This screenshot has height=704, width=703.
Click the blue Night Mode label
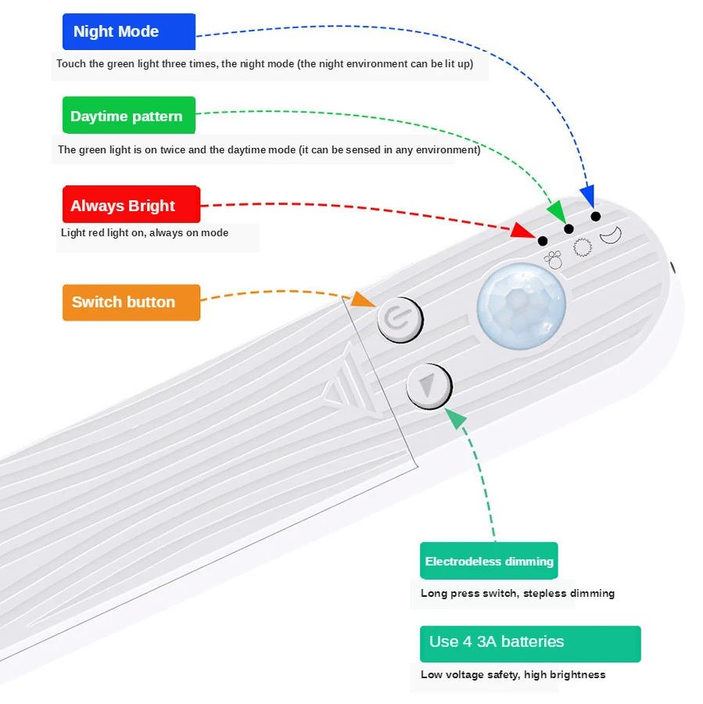(x=129, y=32)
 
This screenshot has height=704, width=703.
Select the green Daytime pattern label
(x=129, y=116)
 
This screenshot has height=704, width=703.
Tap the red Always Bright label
(x=131, y=205)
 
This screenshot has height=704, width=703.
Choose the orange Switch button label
(x=131, y=302)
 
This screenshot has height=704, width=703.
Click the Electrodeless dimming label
(x=489, y=561)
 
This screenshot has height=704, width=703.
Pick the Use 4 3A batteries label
(x=529, y=643)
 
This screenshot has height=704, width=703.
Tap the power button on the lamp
(x=400, y=320)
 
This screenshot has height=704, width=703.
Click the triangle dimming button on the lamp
(x=429, y=386)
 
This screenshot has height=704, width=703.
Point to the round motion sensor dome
(x=522, y=304)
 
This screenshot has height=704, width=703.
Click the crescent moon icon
(x=610, y=234)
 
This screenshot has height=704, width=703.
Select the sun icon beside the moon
(x=581, y=247)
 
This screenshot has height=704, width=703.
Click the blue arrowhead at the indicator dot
(x=587, y=196)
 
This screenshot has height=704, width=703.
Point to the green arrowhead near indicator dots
(x=557, y=213)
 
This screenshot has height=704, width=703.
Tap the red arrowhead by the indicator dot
(x=522, y=231)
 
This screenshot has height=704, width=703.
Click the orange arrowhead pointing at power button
(x=362, y=299)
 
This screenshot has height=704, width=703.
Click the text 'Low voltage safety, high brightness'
(x=513, y=674)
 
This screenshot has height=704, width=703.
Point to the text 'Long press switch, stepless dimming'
(x=517, y=593)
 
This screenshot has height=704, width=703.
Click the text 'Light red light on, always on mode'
(x=145, y=232)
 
